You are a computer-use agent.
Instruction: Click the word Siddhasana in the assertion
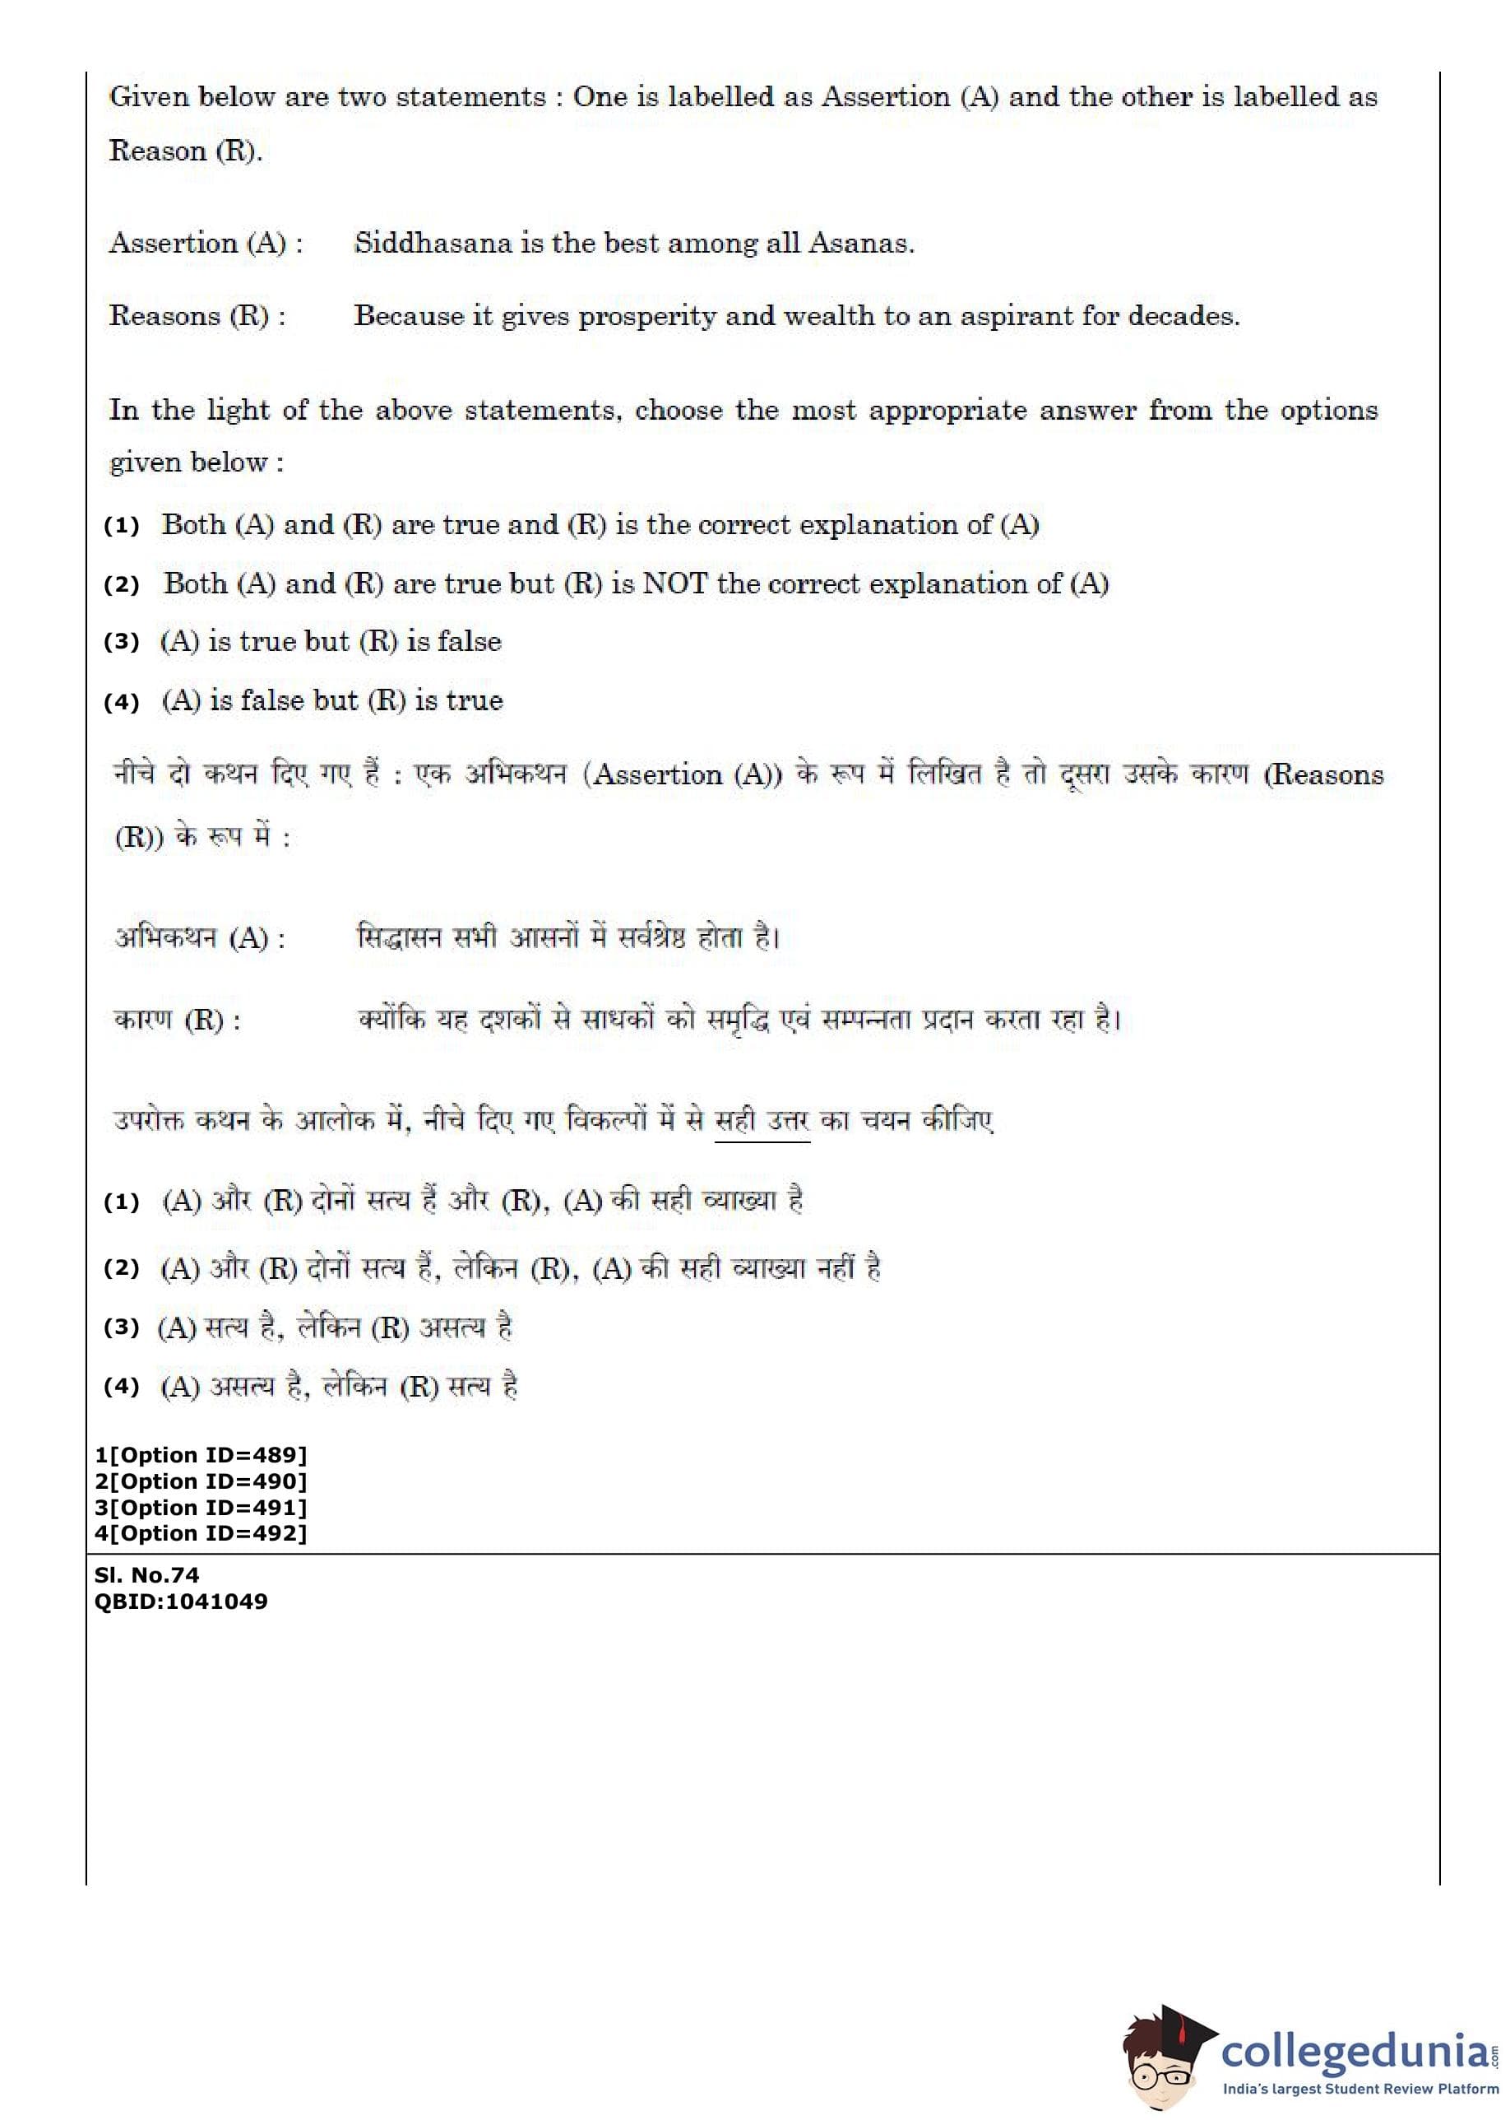pos(433,243)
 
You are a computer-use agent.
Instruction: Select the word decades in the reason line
pos(1183,316)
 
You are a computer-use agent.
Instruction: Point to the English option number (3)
pos(122,642)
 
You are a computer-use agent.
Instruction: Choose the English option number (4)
pos(122,701)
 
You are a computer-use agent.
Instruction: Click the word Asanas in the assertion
pos(860,243)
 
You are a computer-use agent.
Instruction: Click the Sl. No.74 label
pos(147,1575)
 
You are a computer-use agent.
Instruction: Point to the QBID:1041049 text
pos(180,1602)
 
